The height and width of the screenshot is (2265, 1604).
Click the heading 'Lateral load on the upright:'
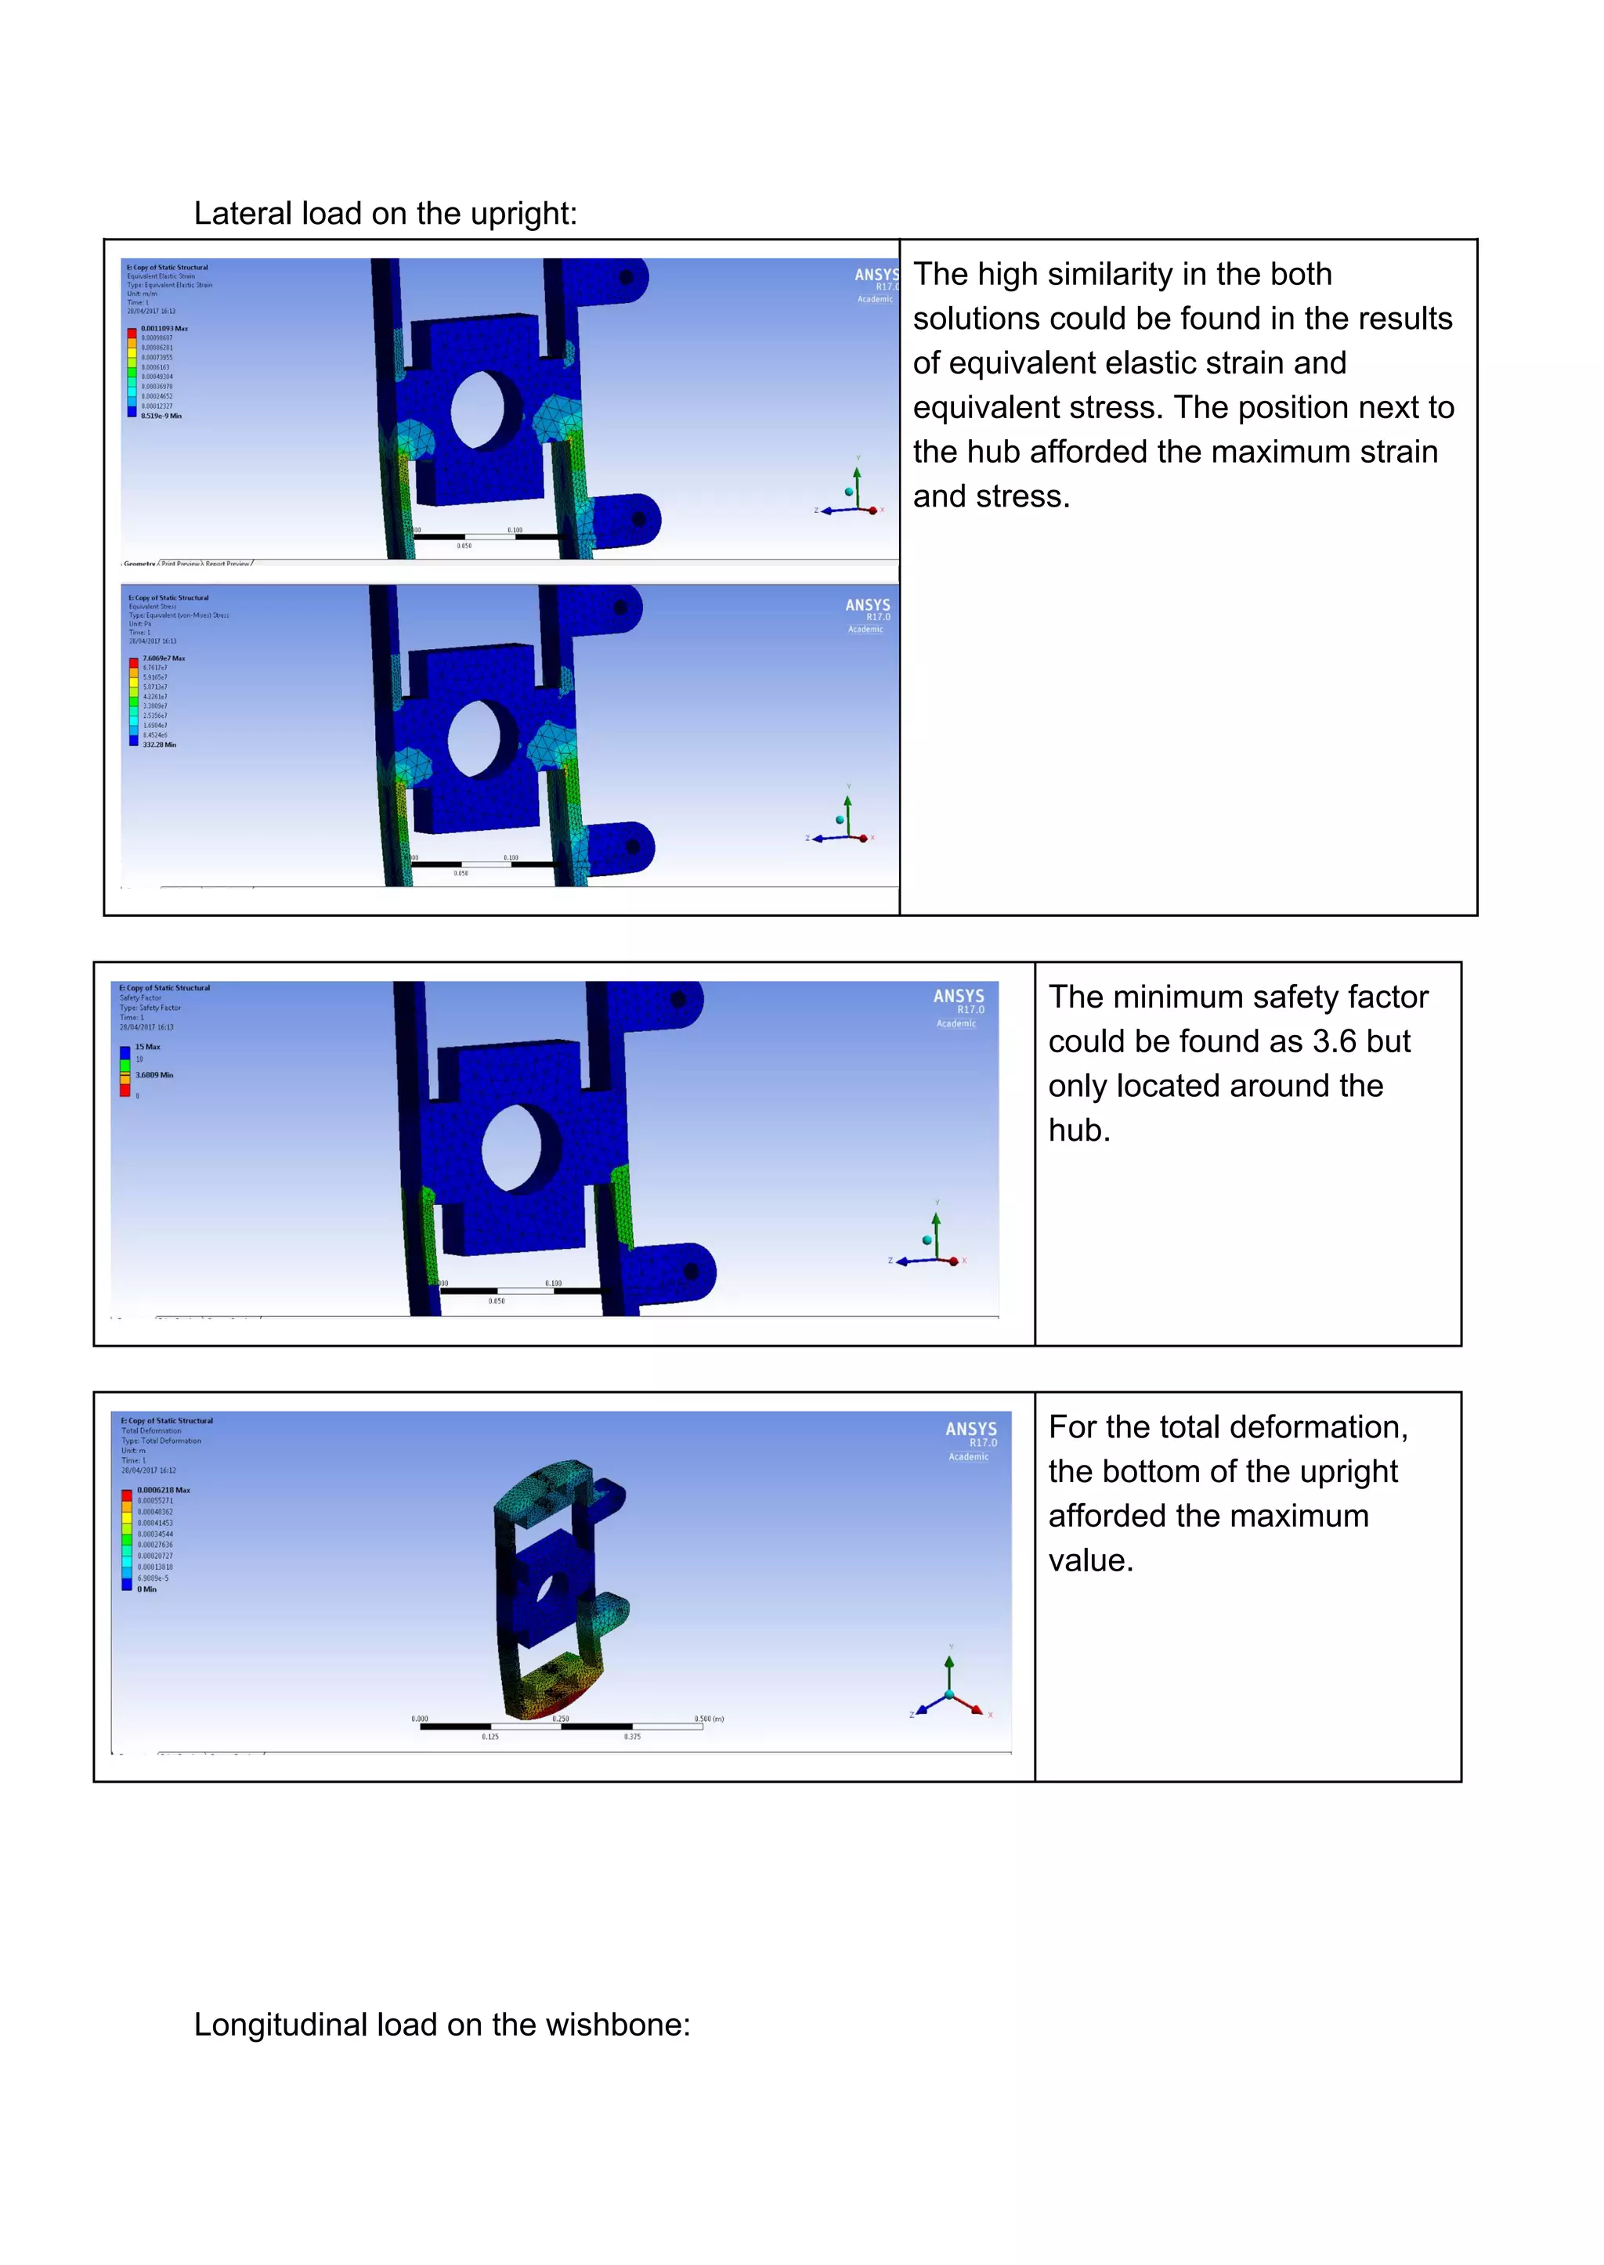pyautogui.click(x=385, y=213)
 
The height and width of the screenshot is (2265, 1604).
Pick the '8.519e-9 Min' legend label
pyautogui.click(x=161, y=416)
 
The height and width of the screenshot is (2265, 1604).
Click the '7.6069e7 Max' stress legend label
pyautogui.click(x=163, y=658)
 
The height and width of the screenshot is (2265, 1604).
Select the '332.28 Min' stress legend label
pyautogui.click(x=159, y=745)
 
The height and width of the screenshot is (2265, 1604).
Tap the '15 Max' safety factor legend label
pyautogui.click(x=147, y=1047)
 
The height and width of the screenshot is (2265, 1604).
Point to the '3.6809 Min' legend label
pyautogui.click(x=154, y=1075)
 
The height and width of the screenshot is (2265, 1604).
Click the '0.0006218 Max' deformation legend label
pyautogui.click(x=164, y=1490)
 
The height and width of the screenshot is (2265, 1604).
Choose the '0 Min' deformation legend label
pyautogui.click(x=147, y=1589)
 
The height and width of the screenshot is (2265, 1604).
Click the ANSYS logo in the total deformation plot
pyautogui.click(x=971, y=1430)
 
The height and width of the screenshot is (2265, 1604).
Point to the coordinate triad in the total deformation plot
pyautogui.click(x=949, y=1690)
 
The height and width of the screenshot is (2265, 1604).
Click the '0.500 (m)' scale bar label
pyautogui.click(x=708, y=1719)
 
